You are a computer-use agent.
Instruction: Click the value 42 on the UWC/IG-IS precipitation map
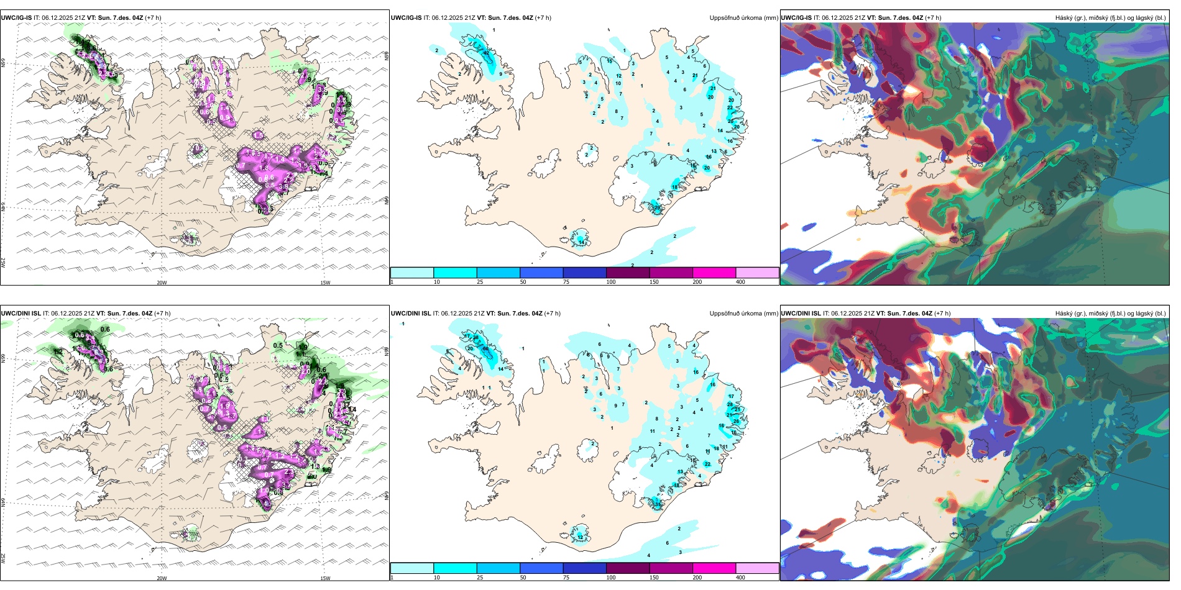(x=486, y=53)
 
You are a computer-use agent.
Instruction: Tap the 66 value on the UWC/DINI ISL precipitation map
(x=486, y=349)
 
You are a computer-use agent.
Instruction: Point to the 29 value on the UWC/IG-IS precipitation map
(x=657, y=207)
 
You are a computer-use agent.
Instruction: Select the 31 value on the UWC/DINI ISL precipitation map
(x=657, y=504)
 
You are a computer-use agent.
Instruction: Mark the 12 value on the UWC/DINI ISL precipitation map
(x=580, y=537)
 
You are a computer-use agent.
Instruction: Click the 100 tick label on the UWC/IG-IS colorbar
(x=611, y=282)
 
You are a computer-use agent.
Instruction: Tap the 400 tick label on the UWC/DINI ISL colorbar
(x=740, y=578)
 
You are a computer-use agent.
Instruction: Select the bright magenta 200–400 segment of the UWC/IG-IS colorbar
(x=714, y=273)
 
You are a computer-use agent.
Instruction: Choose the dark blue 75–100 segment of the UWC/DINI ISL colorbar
(x=584, y=568)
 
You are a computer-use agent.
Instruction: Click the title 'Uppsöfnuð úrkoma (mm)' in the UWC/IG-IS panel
(x=743, y=18)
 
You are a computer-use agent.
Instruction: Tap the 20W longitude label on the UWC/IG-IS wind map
(x=162, y=283)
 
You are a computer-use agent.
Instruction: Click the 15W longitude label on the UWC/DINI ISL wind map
(x=325, y=578)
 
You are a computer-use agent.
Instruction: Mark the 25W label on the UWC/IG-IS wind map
(x=3, y=263)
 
